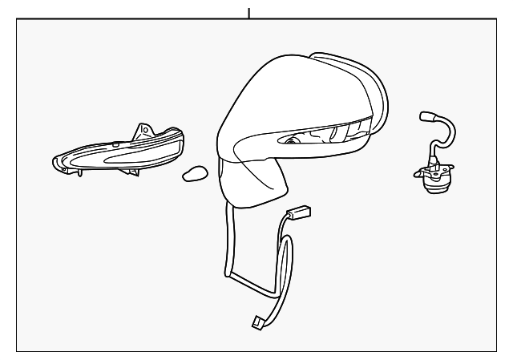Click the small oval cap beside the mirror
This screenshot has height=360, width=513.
pos(195,173)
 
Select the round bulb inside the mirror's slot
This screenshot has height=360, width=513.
pos(289,141)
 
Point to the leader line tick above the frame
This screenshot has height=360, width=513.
pos(248,12)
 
